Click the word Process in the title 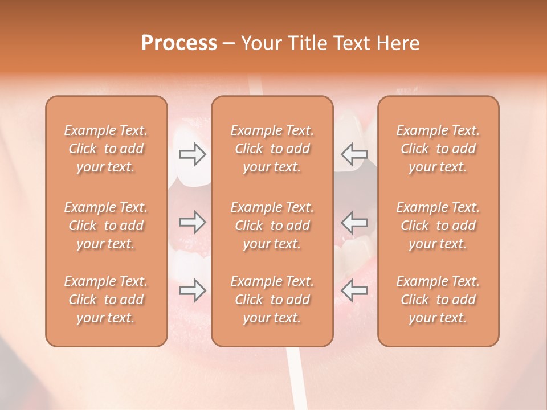179,43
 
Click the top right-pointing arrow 192,154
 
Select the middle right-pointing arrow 192,222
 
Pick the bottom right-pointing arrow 192,290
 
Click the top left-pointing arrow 354,154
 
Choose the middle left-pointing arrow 354,222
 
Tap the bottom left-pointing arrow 354,290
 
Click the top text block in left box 106,149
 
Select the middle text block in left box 106,225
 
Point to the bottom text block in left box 106,300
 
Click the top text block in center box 272,149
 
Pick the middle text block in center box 272,225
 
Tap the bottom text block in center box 272,300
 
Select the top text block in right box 438,149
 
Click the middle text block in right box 438,225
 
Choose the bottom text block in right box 438,300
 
